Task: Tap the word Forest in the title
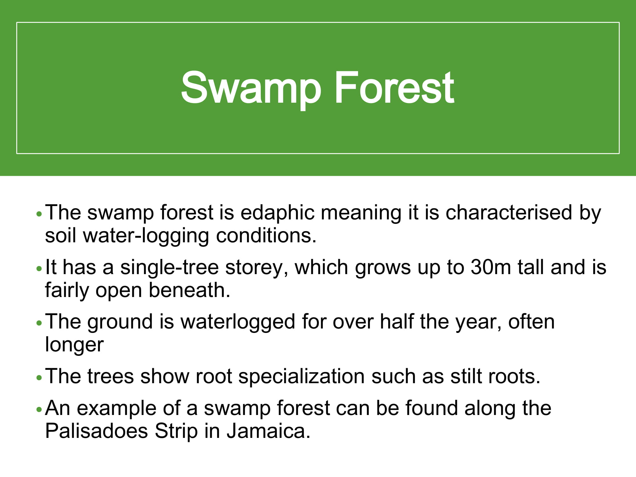coord(394,87)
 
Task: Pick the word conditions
coord(266,236)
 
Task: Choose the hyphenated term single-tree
coord(169,268)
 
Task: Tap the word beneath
coord(190,290)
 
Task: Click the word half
coord(397,321)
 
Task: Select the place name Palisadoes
coord(97,431)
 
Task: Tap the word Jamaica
coord(268,431)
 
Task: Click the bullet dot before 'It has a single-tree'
coord(39,269)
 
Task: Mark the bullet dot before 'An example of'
coord(39,410)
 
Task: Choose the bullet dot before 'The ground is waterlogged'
coord(39,323)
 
